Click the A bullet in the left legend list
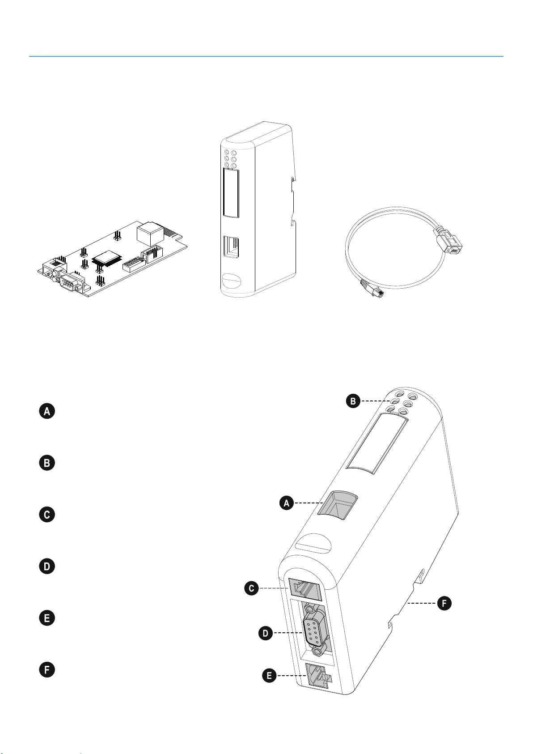click(47, 411)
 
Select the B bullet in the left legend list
click(47, 463)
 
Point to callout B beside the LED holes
click(353, 401)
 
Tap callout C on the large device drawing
click(252, 588)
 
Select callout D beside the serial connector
click(266, 633)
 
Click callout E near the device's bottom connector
click(269, 676)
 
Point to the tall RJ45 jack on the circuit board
click(150, 233)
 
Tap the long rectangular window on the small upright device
click(231, 192)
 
